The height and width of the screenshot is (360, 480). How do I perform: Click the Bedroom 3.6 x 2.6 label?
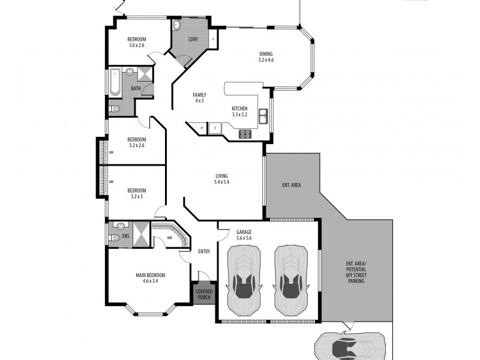(x=137, y=42)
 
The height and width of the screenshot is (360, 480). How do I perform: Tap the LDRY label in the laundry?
(x=193, y=40)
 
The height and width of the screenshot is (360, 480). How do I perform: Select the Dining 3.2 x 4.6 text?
(x=266, y=56)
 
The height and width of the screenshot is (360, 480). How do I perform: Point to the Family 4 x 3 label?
(x=199, y=98)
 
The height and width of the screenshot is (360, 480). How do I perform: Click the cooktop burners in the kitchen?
(x=245, y=134)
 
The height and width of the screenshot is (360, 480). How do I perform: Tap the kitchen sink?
(x=263, y=116)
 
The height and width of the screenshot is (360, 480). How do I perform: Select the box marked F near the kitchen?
(x=214, y=128)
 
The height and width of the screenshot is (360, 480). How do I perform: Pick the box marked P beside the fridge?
(x=202, y=128)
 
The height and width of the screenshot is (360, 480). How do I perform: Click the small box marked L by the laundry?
(x=214, y=40)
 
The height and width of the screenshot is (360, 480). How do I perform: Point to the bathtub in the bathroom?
(x=114, y=83)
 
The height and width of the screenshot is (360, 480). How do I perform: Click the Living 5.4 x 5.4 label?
(x=222, y=179)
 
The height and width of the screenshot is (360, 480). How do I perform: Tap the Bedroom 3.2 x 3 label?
(x=137, y=193)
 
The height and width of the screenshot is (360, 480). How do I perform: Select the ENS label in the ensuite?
(x=125, y=236)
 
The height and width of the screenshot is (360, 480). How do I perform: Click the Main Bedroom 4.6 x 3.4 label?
(x=150, y=278)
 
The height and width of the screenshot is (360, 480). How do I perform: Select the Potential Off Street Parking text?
(x=356, y=277)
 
